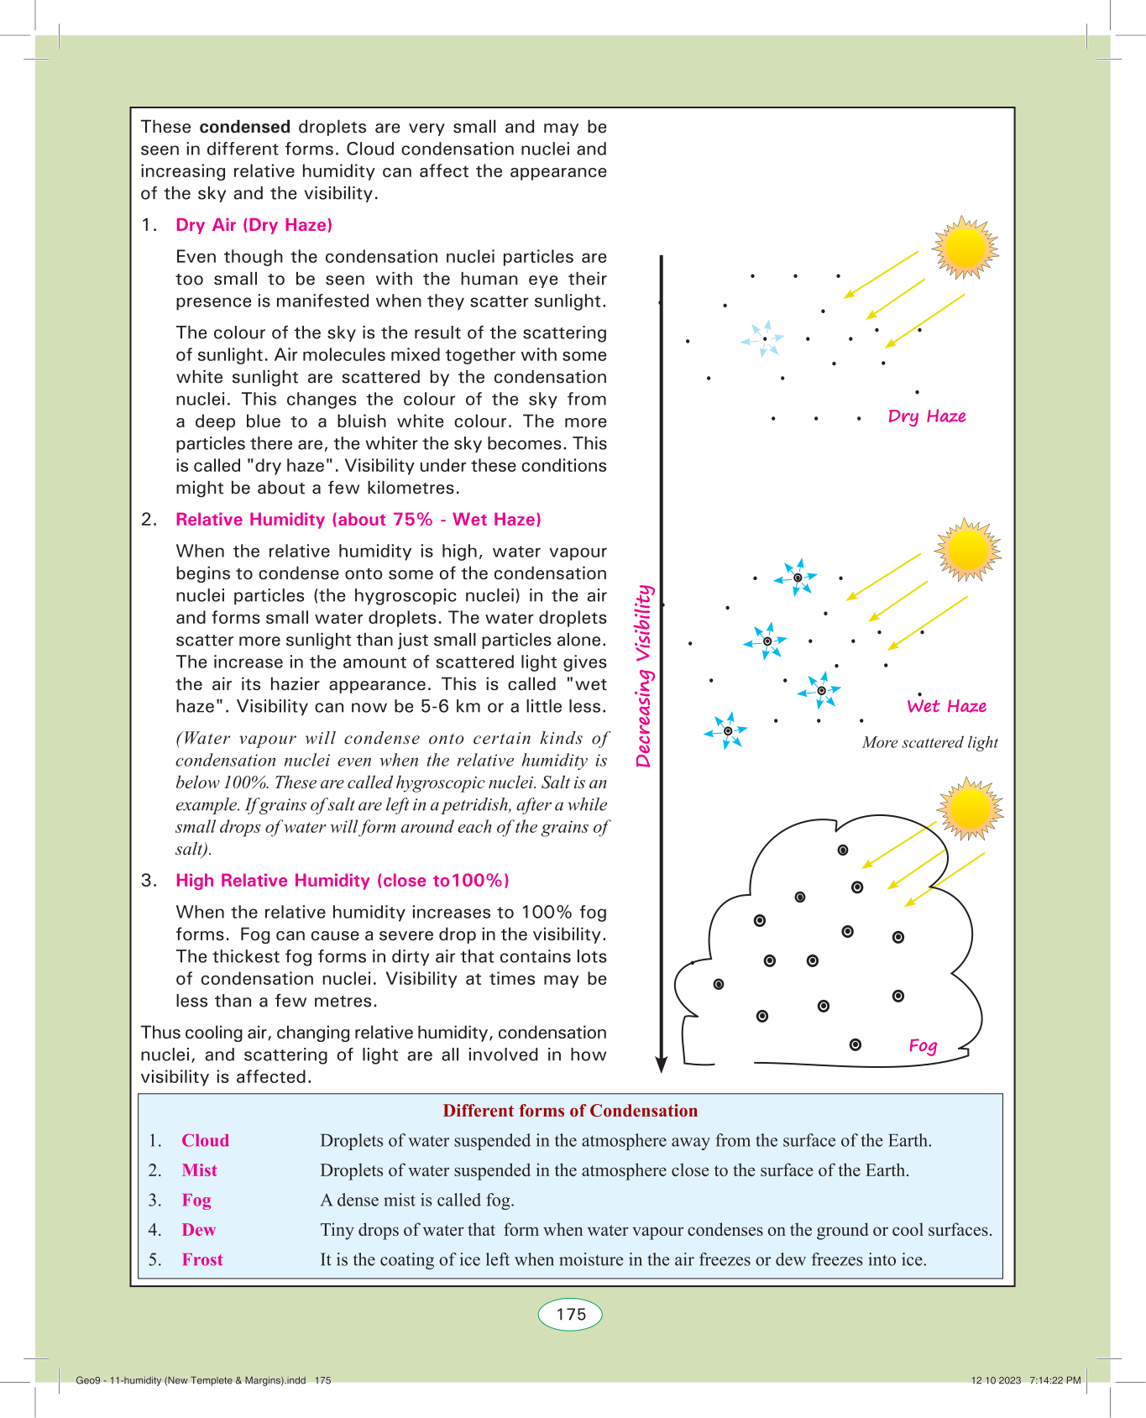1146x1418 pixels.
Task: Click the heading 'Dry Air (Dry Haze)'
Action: pyautogui.click(x=254, y=225)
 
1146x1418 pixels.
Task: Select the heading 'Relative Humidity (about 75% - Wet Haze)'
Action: pyautogui.click(x=358, y=520)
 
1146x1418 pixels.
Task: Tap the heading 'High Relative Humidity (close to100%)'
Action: pyautogui.click(x=342, y=881)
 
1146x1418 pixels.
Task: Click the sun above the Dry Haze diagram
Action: pyautogui.click(x=965, y=248)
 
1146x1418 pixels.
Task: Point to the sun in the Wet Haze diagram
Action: pyautogui.click(x=968, y=550)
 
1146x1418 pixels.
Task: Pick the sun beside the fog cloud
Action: pyautogui.click(x=970, y=808)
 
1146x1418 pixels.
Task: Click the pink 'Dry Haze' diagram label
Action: pyautogui.click(x=927, y=416)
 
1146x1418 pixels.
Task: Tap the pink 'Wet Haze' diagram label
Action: pyautogui.click(x=946, y=706)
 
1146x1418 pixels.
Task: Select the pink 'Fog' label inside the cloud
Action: pyautogui.click(x=923, y=1045)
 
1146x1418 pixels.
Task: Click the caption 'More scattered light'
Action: pyautogui.click(x=929, y=742)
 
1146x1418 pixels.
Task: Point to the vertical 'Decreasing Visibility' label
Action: pyautogui.click(x=644, y=676)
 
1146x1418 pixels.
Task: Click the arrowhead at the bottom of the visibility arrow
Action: pyautogui.click(x=661, y=1064)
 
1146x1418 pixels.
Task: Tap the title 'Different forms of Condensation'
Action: pyautogui.click(x=570, y=1111)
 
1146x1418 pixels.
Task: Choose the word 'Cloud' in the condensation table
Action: pyautogui.click(x=205, y=1141)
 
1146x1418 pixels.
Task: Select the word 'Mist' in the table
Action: pyautogui.click(x=199, y=1170)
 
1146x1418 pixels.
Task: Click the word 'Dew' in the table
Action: pyautogui.click(x=198, y=1230)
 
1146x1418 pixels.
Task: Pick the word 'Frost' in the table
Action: pyautogui.click(x=201, y=1259)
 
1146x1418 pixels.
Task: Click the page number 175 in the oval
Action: pyautogui.click(x=571, y=1314)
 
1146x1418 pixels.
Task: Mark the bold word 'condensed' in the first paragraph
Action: pyautogui.click(x=244, y=127)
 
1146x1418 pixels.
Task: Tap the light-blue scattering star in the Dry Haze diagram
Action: pyautogui.click(x=764, y=338)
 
